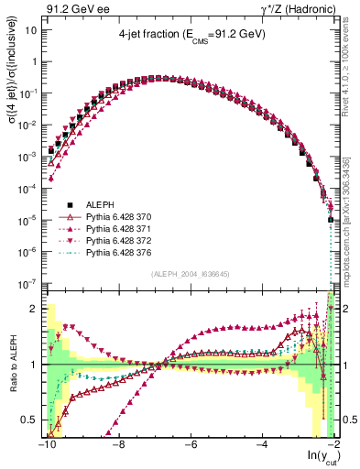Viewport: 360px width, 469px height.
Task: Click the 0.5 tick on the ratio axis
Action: [29, 420]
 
